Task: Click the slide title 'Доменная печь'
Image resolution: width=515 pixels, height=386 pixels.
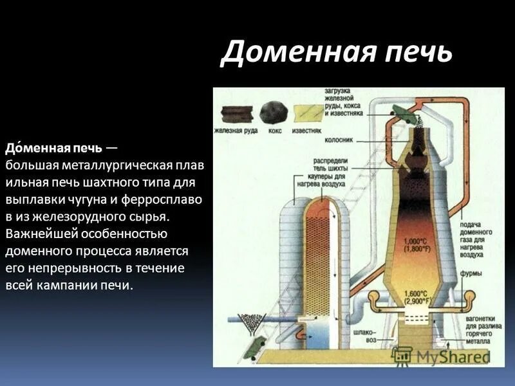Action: point(336,52)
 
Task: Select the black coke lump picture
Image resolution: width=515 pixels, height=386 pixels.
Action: point(273,113)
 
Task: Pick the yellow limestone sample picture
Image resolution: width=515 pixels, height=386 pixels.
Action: point(308,114)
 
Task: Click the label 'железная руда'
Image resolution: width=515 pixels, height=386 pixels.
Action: point(236,131)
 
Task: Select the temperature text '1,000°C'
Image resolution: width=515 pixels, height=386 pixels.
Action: point(415,242)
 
